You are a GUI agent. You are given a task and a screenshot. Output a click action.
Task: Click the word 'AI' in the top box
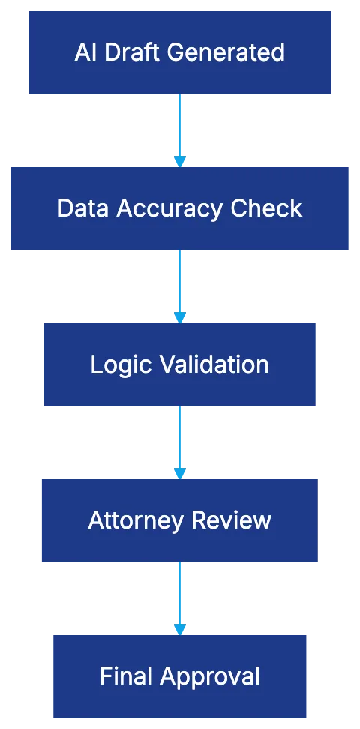pos(85,52)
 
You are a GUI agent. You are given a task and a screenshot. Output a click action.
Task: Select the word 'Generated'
pos(226,52)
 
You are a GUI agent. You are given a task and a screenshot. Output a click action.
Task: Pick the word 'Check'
pos(267,208)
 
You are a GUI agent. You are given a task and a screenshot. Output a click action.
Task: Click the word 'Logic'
pos(115,364)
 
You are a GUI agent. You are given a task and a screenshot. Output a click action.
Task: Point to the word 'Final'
pos(125,676)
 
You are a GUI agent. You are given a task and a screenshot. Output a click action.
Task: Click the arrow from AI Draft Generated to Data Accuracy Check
pos(180,127)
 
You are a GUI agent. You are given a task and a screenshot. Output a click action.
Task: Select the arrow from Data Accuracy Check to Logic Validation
pos(180,283)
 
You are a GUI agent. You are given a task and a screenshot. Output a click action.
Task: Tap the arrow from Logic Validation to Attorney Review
pos(180,439)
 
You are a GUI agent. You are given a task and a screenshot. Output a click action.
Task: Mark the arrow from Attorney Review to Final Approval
pos(180,595)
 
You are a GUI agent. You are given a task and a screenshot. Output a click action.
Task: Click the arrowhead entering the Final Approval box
pos(180,628)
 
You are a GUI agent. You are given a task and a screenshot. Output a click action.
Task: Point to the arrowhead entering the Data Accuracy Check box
pos(180,160)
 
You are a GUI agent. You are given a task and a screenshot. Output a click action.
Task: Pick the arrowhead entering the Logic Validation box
pos(180,316)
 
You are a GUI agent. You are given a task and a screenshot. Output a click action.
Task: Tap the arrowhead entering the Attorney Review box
pos(180,472)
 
